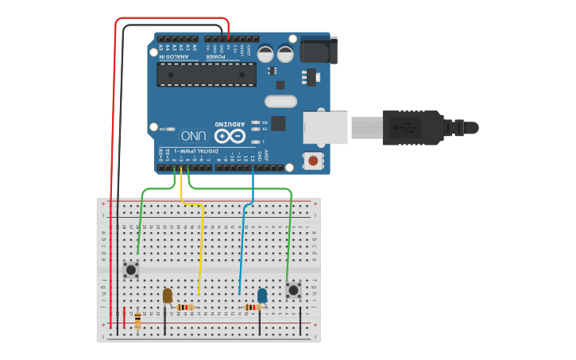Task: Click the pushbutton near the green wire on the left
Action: [131, 271]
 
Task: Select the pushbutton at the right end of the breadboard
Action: [294, 290]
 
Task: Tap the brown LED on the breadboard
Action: [167, 296]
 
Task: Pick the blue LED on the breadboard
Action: [262, 296]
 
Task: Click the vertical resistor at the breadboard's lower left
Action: [138, 320]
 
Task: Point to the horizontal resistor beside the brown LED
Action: [185, 308]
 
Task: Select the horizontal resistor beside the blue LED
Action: [253, 308]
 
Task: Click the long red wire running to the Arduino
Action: [116, 159]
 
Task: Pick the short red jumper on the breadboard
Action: [124, 316]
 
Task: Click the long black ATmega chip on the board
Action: [206, 75]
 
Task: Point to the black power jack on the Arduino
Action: [320, 49]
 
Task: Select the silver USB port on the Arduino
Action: [325, 127]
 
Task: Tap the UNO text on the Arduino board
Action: [194, 135]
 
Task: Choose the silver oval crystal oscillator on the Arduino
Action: [280, 101]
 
